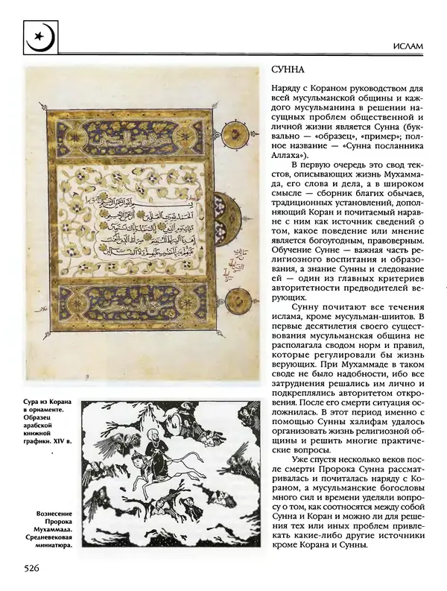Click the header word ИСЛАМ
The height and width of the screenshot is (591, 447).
405,46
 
